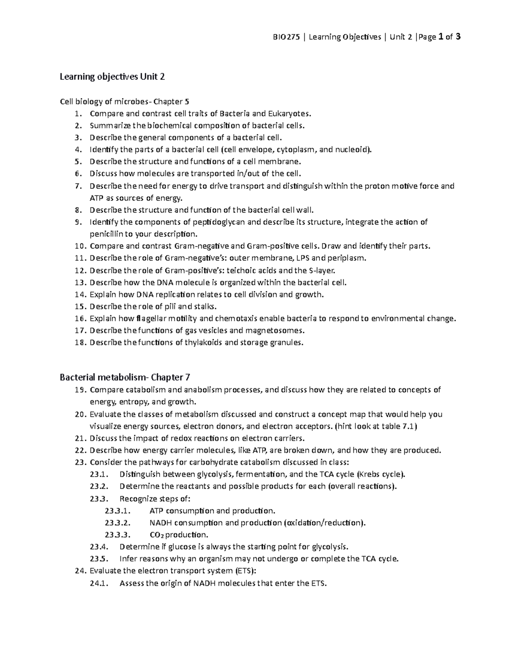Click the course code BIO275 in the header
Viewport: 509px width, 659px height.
click(x=286, y=37)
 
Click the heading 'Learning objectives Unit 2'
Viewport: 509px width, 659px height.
click(x=112, y=77)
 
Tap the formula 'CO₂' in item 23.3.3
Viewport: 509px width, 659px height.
click(x=158, y=535)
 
